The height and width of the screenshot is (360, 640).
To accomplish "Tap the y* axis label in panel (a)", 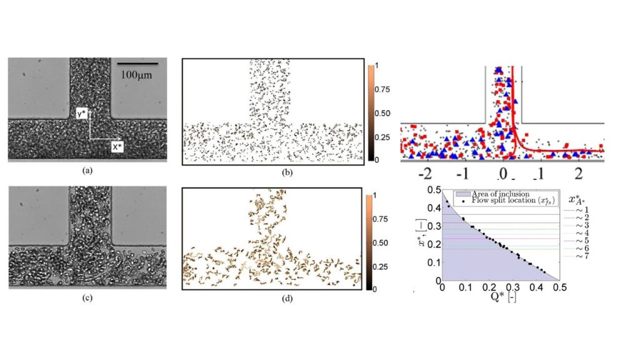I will [81, 114].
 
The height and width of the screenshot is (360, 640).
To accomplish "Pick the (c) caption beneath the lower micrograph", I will [87, 297].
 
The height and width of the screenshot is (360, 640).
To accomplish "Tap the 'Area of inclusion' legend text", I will [497, 194].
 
